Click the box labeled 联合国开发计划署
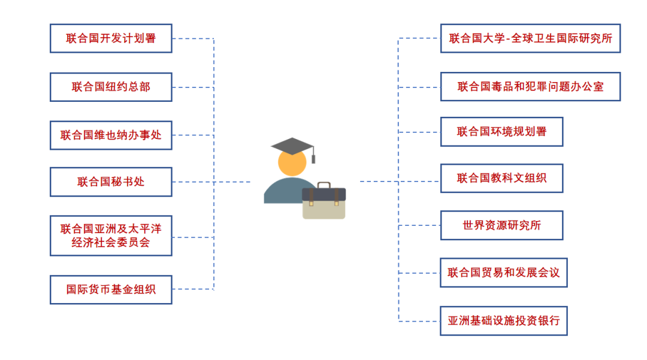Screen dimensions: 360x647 click(x=111, y=38)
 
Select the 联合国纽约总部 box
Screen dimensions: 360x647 click(x=111, y=87)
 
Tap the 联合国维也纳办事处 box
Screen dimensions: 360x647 click(x=111, y=135)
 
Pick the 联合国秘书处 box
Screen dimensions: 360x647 click(x=111, y=182)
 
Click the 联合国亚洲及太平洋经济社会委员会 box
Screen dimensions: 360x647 click(x=111, y=235)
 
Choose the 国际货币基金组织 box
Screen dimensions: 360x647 click(x=111, y=289)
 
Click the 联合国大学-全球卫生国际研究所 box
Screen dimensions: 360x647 click(x=530, y=38)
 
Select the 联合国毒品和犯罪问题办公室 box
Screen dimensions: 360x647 click(x=530, y=87)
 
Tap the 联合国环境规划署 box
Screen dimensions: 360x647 click(x=501, y=132)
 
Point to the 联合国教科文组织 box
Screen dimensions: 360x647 click(x=501, y=178)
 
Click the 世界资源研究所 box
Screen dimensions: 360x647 click(x=501, y=225)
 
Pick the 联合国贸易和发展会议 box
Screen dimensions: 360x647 click(x=503, y=273)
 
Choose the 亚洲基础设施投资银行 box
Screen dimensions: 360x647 click(x=503, y=321)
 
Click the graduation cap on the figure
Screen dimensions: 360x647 click(x=292, y=146)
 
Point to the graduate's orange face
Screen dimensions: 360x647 click(x=291, y=163)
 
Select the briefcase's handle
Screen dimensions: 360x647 click(x=323, y=184)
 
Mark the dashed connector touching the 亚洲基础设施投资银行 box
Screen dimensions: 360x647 click(x=419, y=321)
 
